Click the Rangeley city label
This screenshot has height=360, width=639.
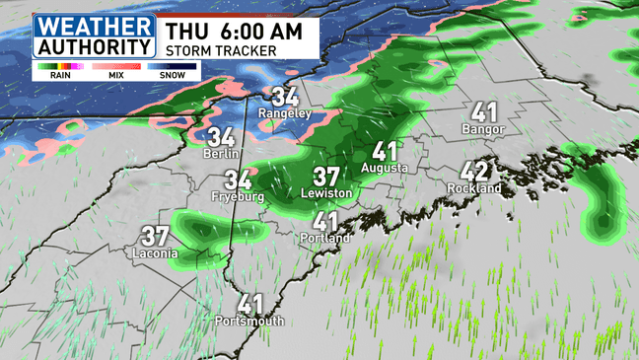(x=284, y=113)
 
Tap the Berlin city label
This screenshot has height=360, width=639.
(x=220, y=154)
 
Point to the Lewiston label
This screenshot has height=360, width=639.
(x=327, y=193)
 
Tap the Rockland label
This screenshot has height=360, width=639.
(x=474, y=187)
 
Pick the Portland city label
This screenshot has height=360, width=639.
(x=325, y=238)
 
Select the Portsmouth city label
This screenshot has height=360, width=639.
(x=250, y=321)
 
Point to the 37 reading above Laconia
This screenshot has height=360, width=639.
(x=155, y=237)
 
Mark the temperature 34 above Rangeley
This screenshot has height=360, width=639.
(x=285, y=97)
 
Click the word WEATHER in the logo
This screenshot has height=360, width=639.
(x=95, y=25)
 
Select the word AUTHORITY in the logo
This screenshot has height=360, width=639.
(x=95, y=44)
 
